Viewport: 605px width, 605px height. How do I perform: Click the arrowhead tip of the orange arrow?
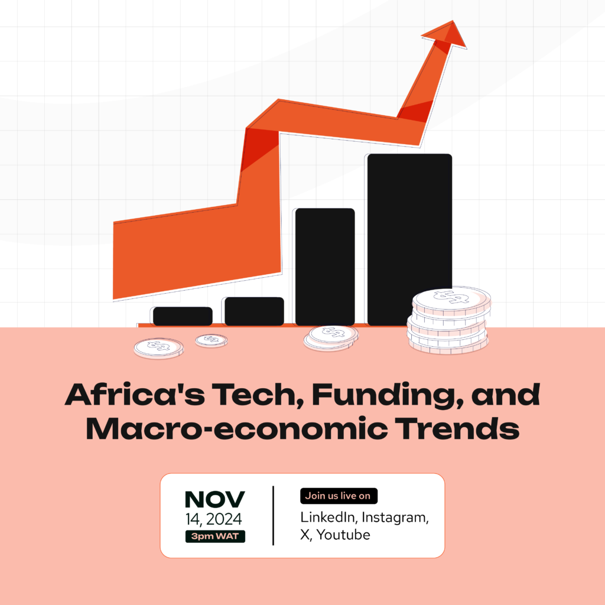pos(453,21)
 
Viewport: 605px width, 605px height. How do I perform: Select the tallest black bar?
pos(409,239)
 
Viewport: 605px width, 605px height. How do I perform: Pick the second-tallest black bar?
pos(325,266)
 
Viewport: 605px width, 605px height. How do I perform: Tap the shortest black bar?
pos(183,316)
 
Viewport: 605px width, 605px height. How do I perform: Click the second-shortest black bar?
pos(254,311)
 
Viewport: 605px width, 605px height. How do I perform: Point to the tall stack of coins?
pos(449,320)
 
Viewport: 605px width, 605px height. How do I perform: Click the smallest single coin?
pos(211,340)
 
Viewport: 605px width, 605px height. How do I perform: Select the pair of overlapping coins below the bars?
pos(331,337)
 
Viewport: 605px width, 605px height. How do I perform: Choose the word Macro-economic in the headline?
pos(236,428)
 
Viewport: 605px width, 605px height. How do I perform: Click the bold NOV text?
pos(215,499)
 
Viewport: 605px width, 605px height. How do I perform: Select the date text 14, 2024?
pos(213,519)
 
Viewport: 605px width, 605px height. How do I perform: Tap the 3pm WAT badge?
pos(215,536)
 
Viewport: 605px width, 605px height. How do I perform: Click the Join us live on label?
pos(339,496)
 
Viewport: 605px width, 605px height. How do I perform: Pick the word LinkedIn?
pos(328,518)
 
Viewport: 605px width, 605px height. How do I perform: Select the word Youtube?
pos(343,535)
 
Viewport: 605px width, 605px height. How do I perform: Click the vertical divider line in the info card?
pos(273,515)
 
